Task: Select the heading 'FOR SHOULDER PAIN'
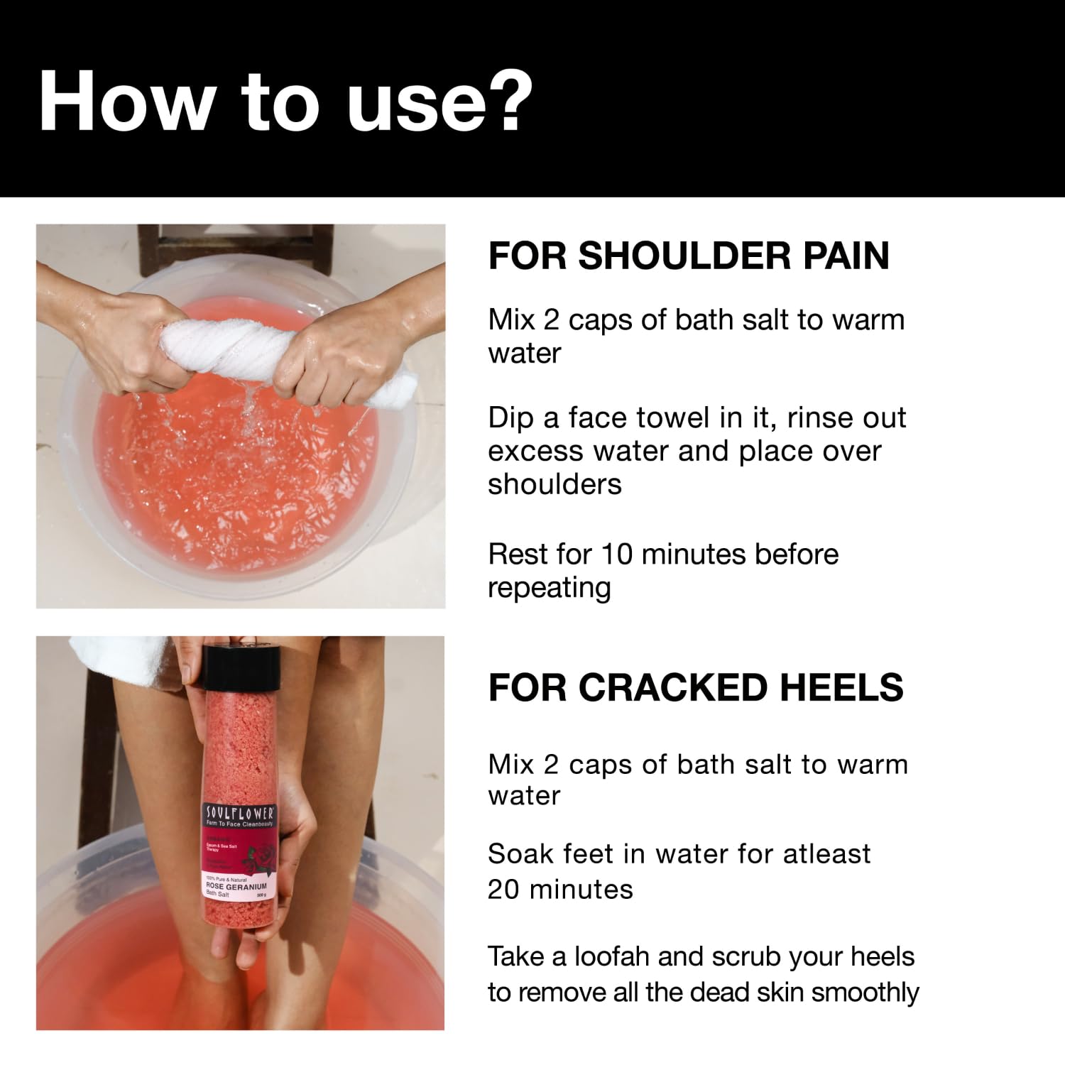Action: click(x=688, y=256)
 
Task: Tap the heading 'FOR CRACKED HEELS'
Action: click(x=695, y=687)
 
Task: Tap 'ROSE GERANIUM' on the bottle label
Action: click(x=235, y=886)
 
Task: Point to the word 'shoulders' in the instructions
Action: click(x=555, y=484)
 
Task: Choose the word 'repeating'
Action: click(x=549, y=588)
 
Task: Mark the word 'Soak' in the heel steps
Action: click(x=514, y=853)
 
